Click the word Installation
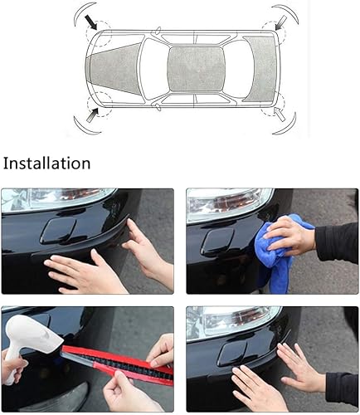pos(46,163)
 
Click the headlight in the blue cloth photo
pos(224,202)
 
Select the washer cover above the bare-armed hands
pos(59,230)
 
